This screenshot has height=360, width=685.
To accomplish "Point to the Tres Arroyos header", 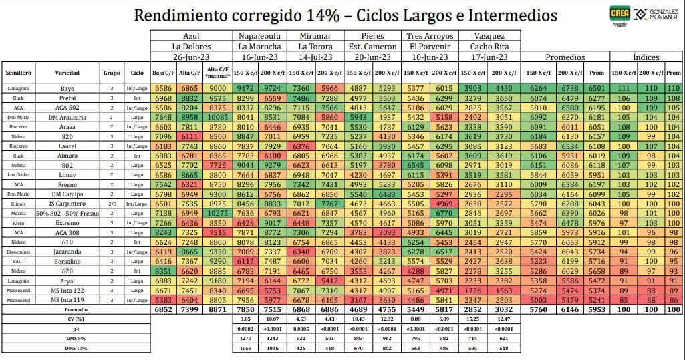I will click(430, 35).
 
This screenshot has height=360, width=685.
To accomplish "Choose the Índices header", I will click(647, 57).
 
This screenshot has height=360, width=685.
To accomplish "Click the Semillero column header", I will click(18, 71).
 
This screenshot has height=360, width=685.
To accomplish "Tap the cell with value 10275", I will click(218, 213).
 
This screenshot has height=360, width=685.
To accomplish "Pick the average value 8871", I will click(218, 311).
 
